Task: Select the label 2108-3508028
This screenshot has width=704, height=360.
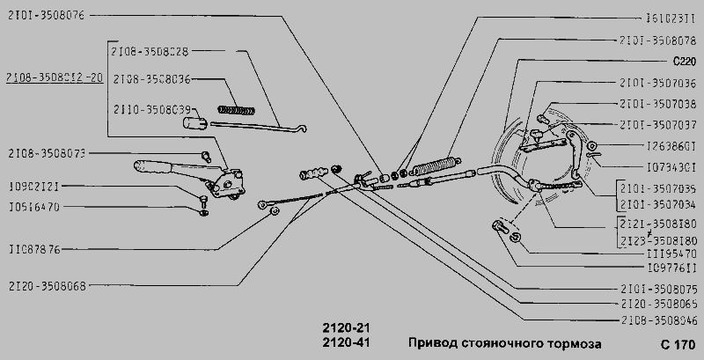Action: (151, 51)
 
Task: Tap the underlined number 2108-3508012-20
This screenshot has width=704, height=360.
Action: (53, 77)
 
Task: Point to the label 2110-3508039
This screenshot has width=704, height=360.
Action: (151, 109)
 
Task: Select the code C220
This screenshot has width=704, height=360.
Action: (684, 62)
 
